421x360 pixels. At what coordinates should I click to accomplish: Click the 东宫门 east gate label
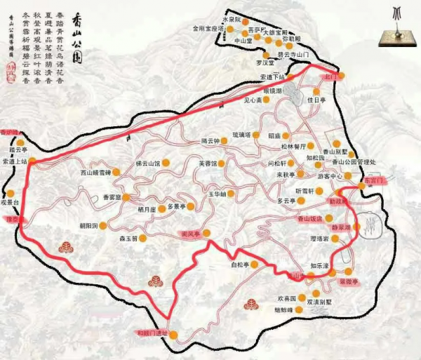coord(375,180)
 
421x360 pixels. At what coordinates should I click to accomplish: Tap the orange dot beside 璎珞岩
coord(335,239)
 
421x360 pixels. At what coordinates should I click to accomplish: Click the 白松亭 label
coord(240,265)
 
